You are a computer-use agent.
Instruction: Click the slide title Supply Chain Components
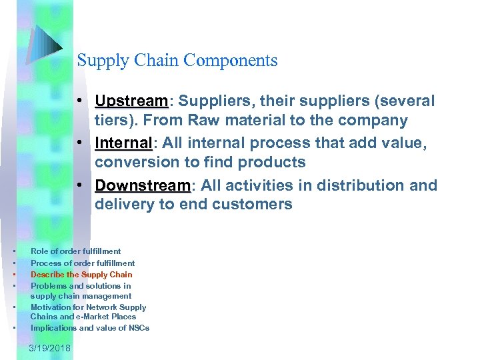(x=177, y=61)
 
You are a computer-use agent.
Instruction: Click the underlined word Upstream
(x=132, y=101)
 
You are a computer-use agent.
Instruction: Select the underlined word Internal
(x=124, y=143)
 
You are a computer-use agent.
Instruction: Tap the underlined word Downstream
(x=143, y=185)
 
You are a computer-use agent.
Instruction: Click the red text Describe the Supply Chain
(x=81, y=275)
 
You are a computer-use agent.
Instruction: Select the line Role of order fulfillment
(x=75, y=251)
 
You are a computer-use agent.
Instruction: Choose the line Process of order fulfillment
(x=83, y=263)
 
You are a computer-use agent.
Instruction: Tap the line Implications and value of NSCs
(x=90, y=328)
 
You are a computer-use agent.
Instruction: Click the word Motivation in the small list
(x=51, y=307)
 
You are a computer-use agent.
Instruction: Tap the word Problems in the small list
(x=49, y=286)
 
